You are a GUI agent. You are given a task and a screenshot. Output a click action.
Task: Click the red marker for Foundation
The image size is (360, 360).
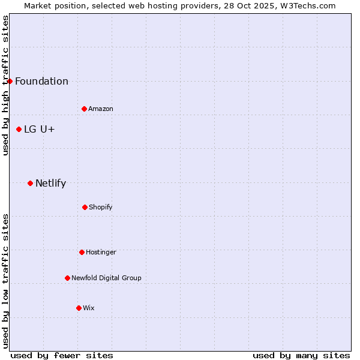tap(10, 81)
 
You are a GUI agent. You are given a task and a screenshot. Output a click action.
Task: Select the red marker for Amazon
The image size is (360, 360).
tap(85, 109)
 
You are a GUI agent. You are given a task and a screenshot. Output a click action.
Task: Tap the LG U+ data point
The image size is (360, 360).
tap(19, 129)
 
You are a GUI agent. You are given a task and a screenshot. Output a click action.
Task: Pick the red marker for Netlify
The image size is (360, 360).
tap(30, 183)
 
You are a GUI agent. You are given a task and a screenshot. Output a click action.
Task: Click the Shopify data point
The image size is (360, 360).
tap(85, 207)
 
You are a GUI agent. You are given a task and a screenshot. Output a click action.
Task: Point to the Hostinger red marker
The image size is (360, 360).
tap(82, 252)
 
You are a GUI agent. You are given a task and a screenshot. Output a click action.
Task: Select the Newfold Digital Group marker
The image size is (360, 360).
tap(67, 278)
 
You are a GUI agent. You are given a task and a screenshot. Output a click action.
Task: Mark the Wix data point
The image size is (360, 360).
tap(79, 308)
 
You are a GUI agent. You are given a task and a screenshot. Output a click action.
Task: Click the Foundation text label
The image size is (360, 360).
tap(41, 82)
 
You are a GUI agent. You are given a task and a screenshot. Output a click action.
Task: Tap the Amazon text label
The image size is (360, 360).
tap(101, 109)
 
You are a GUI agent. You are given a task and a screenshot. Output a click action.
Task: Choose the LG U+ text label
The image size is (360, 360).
tap(40, 130)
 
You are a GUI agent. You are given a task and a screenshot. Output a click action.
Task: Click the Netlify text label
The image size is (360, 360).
tap(50, 184)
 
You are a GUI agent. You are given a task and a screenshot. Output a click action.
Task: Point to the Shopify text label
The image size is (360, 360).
tap(101, 207)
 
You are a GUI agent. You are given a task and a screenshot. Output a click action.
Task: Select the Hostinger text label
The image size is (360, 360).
tap(101, 252)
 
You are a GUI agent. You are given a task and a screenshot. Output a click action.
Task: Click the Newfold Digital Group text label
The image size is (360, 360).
tap(106, 278)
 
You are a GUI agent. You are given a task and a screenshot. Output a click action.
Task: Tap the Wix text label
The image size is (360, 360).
tap(89, 308)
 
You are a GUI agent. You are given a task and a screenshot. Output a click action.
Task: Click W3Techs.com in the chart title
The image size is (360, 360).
tap(306, 5)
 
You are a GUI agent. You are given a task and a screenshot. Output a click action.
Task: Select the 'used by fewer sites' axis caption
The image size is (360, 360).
tap(62, 355)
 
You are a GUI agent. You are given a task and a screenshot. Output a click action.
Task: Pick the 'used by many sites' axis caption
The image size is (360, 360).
tap(301, 355)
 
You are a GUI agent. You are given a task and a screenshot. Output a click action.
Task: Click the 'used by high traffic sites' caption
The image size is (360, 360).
tap(6, 85)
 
